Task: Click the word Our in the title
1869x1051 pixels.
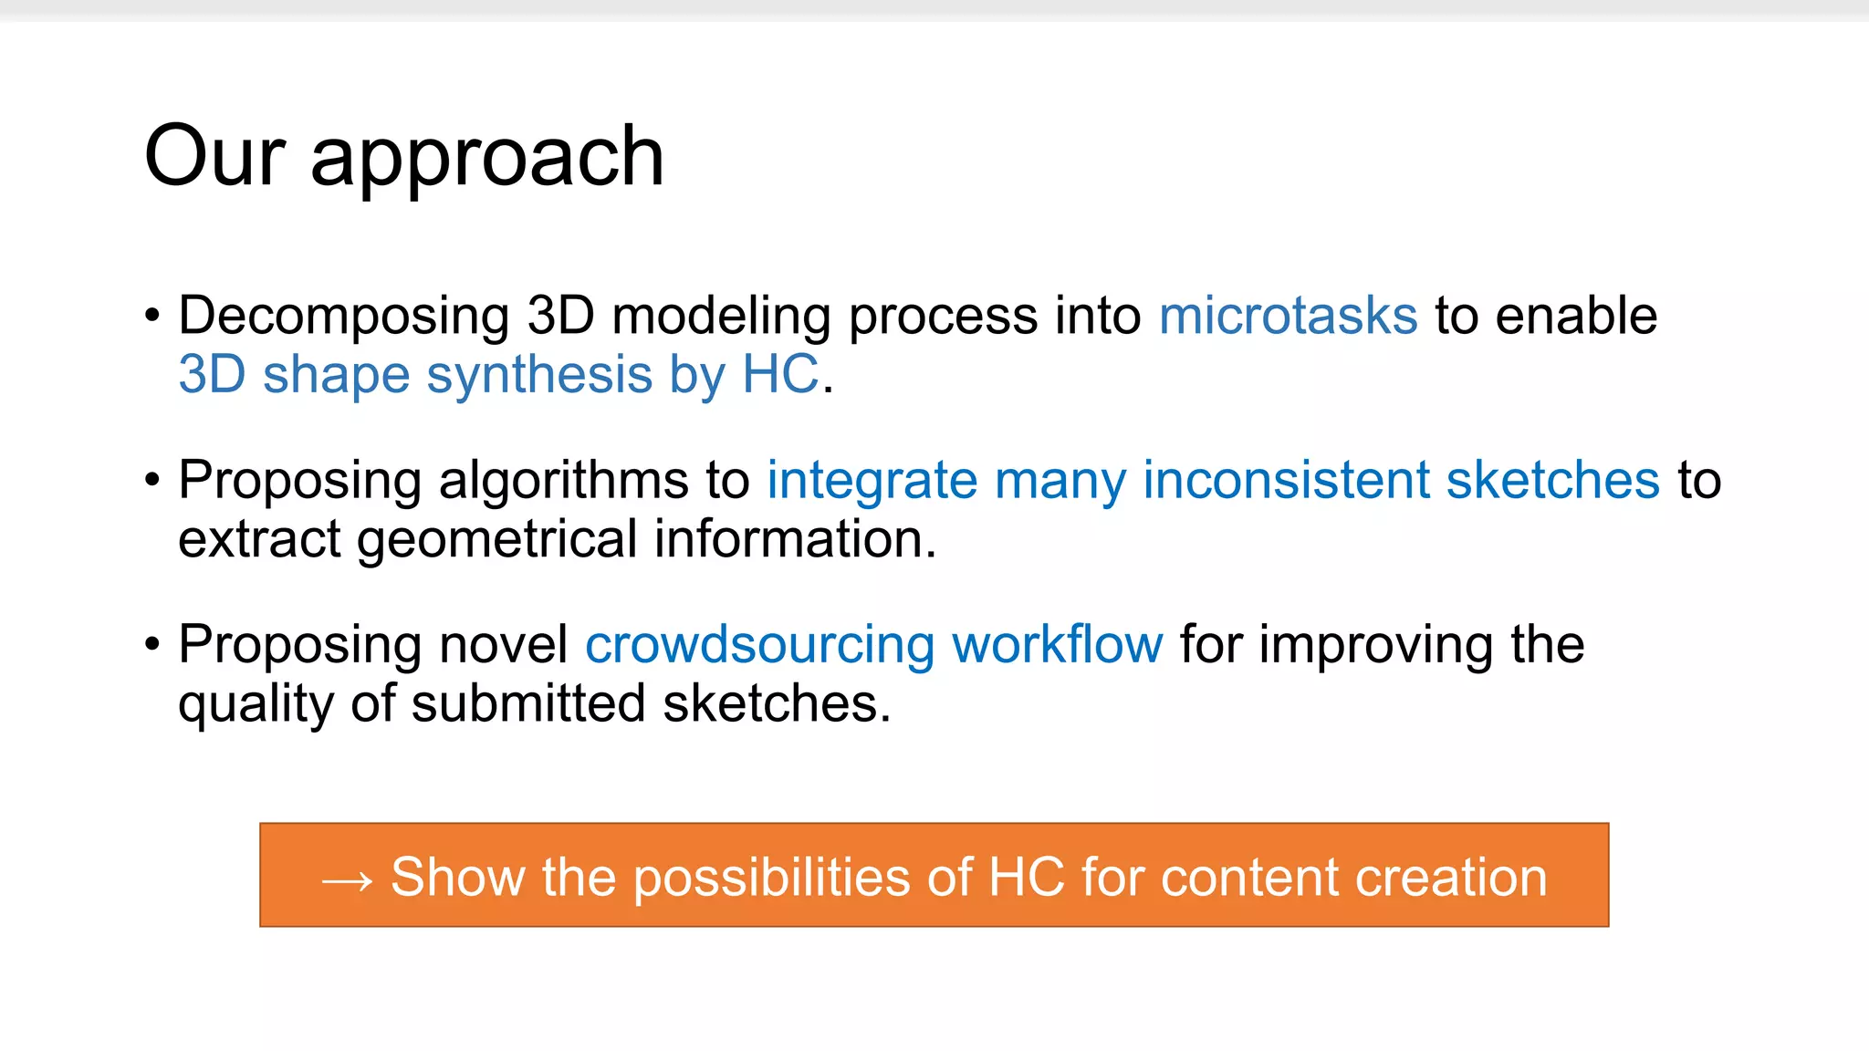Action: tap(214, 157)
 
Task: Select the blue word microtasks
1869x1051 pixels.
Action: tap(1288, 316)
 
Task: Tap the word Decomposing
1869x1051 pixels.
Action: tap(343, 317)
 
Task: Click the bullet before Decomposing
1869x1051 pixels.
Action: tap(152, 317)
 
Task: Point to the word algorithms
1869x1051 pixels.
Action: tap(564, 482)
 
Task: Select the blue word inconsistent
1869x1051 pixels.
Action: tap(1286, 480)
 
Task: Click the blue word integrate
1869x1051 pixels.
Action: tap(872, 482)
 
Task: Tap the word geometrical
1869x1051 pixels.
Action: tap(496, 540)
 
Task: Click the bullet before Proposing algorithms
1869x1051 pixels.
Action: tap(152, 481)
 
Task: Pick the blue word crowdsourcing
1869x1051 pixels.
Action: tap(759, 645)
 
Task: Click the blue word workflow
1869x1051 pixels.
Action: tap(1057, 644)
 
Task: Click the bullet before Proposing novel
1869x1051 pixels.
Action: tap(152, 645)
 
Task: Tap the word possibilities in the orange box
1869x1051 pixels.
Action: tap(771, 879)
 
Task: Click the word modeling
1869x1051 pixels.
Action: tap(721, 317)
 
